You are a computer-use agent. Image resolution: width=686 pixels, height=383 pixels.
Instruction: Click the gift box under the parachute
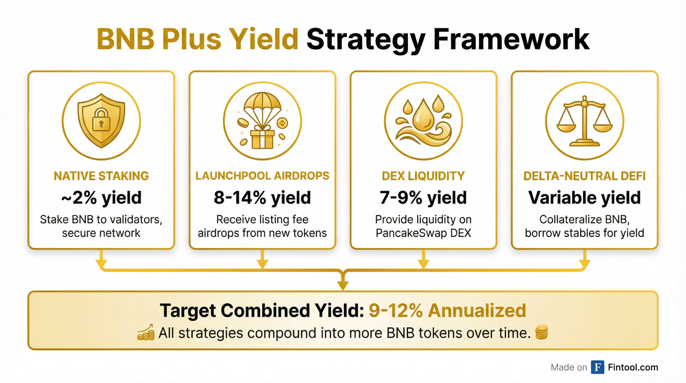tap(262, 139)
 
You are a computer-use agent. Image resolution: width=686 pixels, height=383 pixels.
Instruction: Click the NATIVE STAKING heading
tap(101, 176)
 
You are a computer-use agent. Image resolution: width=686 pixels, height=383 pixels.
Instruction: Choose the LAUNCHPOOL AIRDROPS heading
tap(262, 176)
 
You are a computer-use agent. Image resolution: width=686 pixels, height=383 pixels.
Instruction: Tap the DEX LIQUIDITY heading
tap(423, 176)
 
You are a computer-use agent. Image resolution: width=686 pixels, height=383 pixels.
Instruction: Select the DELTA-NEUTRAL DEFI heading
tap(584, 176)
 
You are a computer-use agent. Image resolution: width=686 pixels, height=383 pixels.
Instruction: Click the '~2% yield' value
tap(101, 198)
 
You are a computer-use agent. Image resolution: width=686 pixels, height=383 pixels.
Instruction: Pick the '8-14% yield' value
tap(262, 198)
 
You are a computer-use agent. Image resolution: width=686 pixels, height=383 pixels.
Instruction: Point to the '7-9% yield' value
tap(423, 198)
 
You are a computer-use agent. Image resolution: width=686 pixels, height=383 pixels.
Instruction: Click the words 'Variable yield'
tap(584, 198)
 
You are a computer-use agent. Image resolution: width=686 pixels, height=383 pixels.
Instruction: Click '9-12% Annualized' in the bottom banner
tap(447, 310)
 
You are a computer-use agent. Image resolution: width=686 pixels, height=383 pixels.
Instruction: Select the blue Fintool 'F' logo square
tap(597, 367)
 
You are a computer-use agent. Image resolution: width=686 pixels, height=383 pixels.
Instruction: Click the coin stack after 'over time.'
tap(541, 332)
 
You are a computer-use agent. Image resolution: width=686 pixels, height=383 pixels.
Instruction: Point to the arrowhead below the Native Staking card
tap(101, 264)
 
